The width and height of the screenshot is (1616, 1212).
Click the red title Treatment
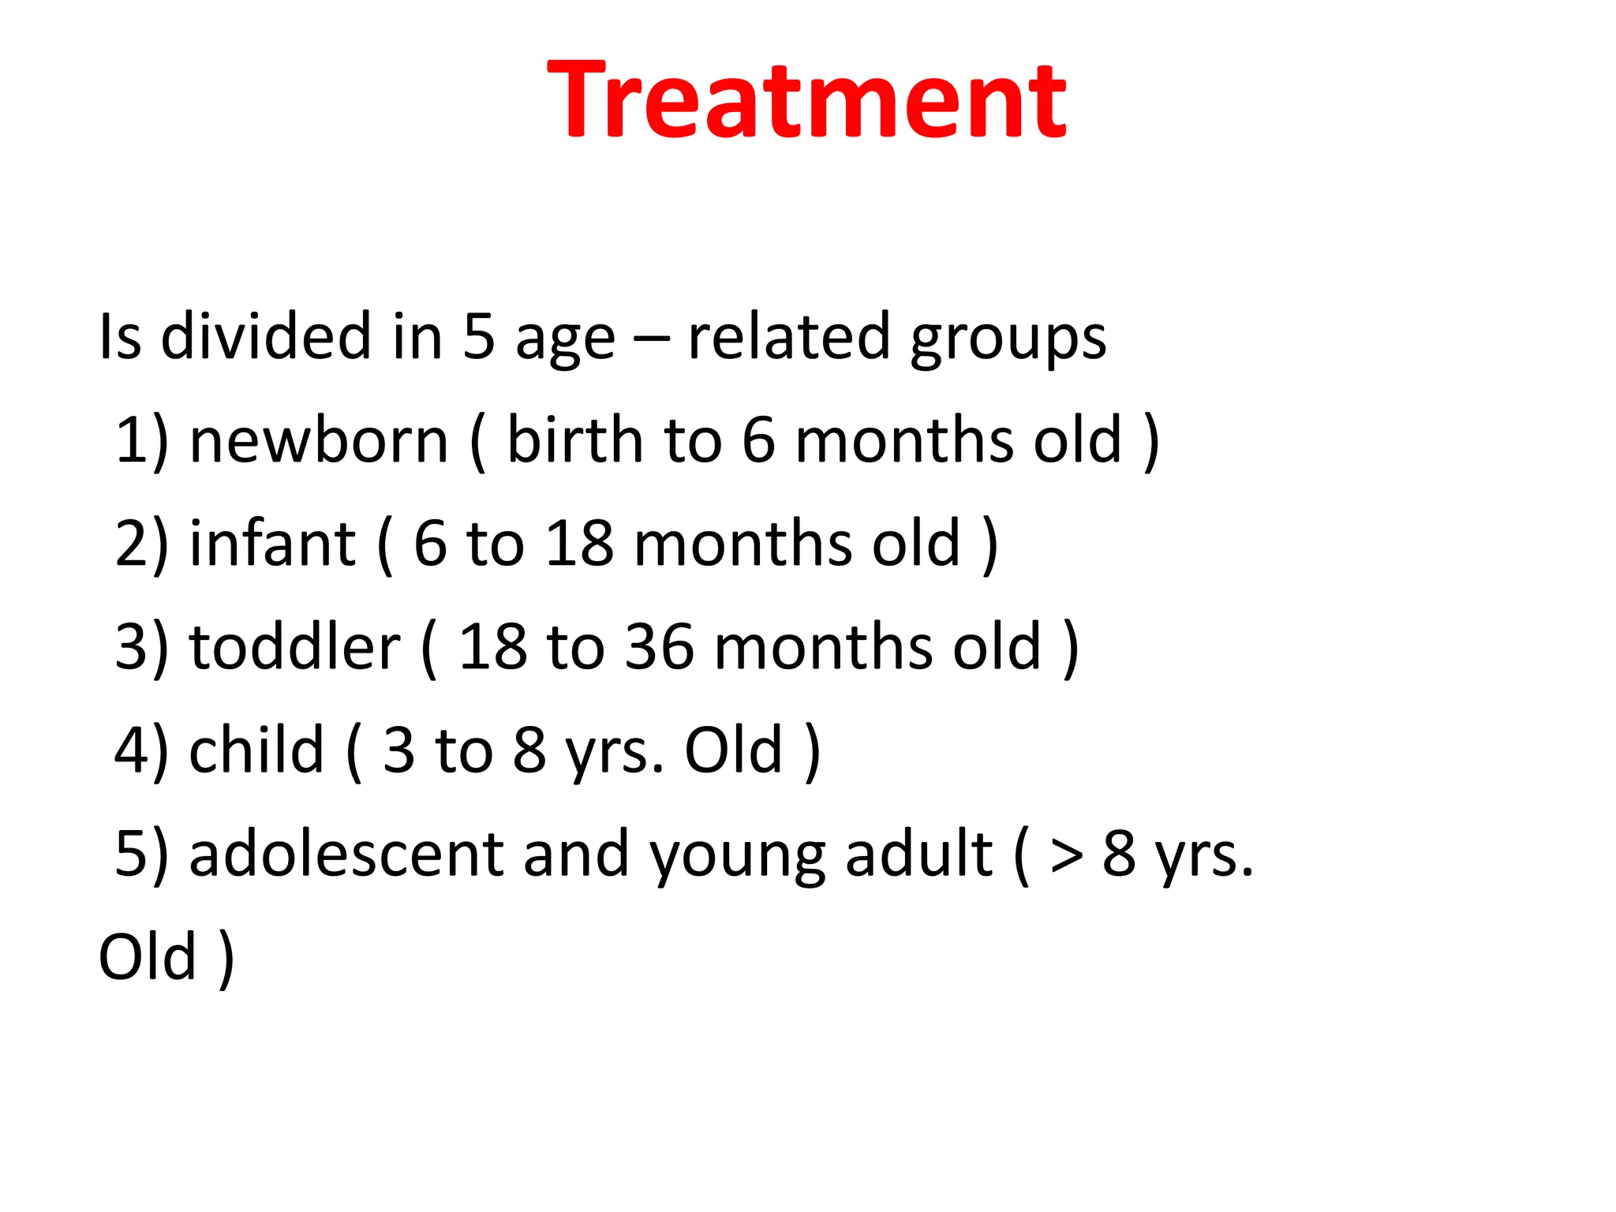coord(806,100)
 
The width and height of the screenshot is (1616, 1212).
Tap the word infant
coord(272,544)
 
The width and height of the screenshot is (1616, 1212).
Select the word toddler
coord(294,647)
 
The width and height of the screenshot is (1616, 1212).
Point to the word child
coord(256,750)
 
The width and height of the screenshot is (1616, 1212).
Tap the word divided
coord(266,337)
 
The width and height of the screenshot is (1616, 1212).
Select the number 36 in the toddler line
coord(660,648)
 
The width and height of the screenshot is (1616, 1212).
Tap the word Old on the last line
coord(147,957)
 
